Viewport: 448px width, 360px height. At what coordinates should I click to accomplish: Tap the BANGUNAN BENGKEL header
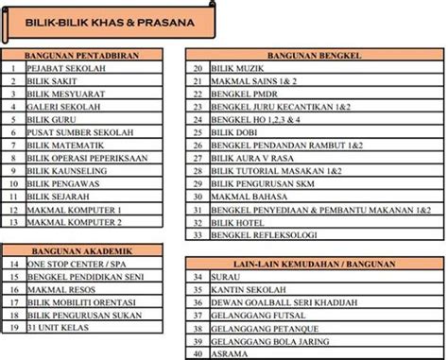point(314,56)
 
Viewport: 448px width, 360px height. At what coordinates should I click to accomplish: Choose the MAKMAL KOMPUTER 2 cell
point(75,222)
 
